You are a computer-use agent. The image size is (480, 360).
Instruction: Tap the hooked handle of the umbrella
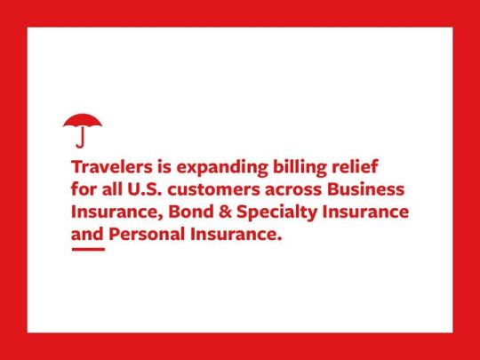click(81, 140)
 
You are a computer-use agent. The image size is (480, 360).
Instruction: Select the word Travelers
click(112, 167)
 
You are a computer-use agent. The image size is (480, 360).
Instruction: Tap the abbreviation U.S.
click(144, 189)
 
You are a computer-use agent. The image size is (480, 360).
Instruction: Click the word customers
click(213, 190)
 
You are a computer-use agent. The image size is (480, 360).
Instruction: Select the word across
click(293, 191)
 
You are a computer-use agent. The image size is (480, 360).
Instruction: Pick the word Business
click(365, 189)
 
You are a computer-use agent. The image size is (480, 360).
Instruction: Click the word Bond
click(191, 212)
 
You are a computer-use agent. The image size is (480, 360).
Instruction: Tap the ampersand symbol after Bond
click(225, 212)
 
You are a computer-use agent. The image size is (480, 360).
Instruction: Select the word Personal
click(147, 235)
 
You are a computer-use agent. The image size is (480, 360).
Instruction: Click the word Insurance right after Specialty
click(365, 212)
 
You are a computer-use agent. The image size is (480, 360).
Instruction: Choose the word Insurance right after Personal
click(236, 235)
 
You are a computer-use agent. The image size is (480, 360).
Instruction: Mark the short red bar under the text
click(88, 249)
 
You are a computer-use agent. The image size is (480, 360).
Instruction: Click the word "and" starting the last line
click(87, 235)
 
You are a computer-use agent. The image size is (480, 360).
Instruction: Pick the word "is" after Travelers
click(164, 167)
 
